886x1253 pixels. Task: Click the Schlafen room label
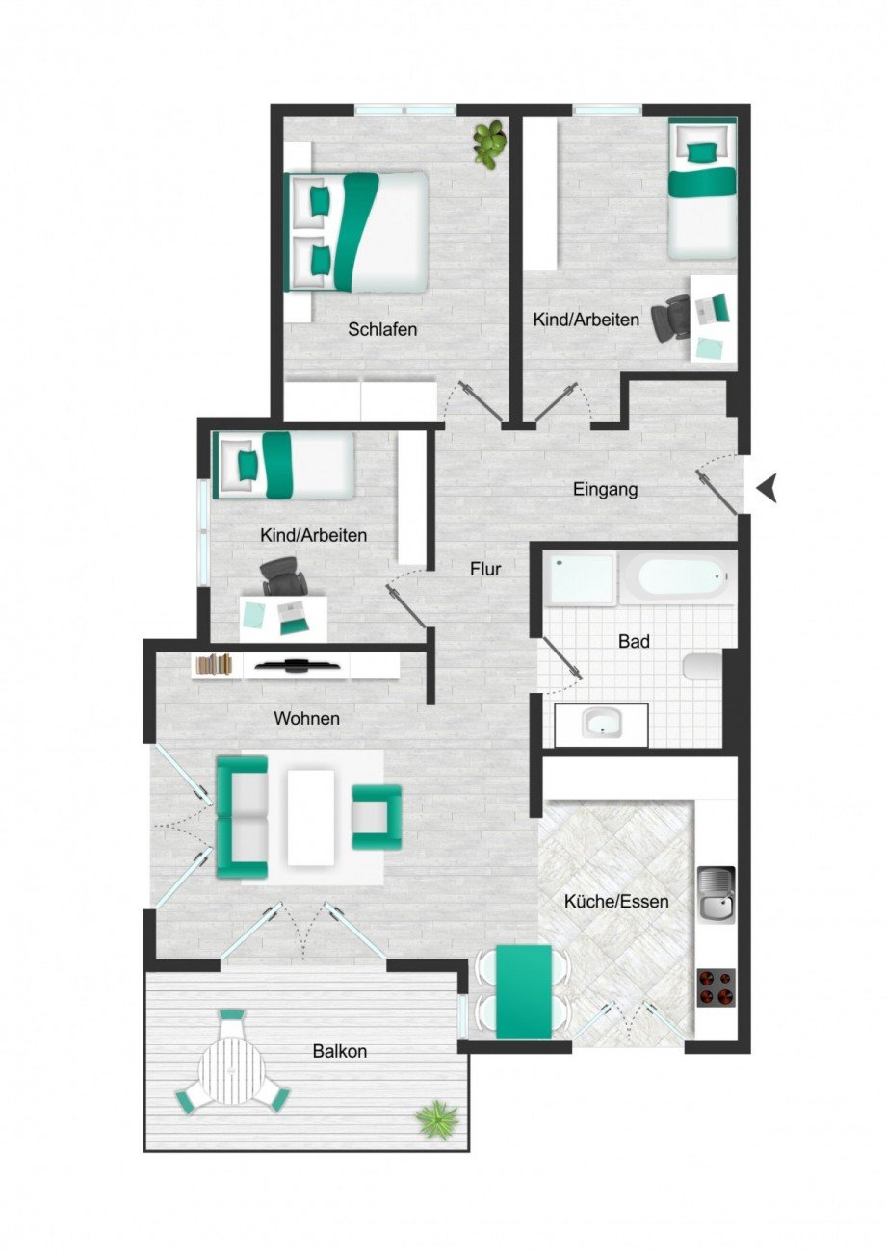382,330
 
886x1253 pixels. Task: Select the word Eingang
605,490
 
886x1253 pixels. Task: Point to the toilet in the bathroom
702,666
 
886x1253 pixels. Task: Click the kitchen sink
715,894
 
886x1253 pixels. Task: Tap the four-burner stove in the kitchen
715,987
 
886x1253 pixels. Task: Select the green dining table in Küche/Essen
523,991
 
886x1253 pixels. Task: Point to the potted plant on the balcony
437,1119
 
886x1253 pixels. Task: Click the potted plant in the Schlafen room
489,142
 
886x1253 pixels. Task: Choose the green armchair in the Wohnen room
377,817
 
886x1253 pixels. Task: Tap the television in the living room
296,664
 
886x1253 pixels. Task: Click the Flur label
485,570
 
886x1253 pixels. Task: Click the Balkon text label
339,1052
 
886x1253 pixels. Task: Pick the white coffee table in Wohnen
310,817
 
